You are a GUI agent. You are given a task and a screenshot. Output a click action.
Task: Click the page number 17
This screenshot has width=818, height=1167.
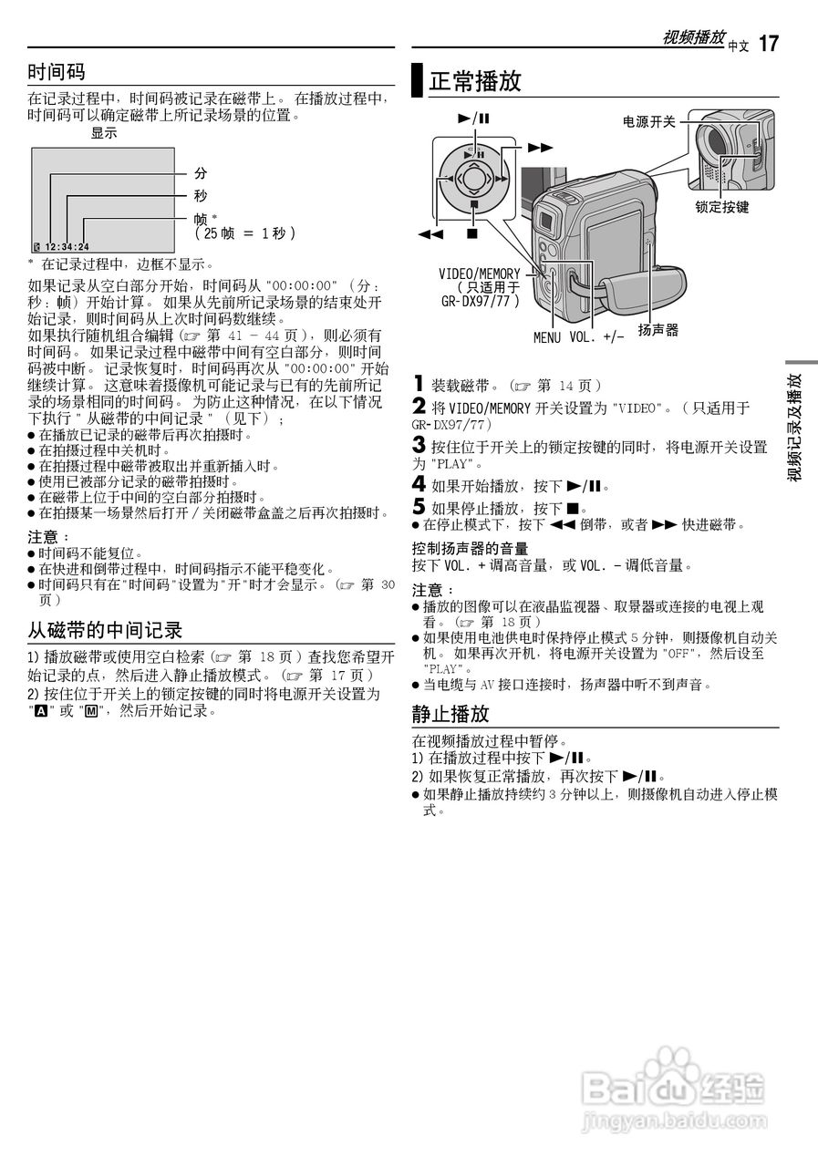(769, 43)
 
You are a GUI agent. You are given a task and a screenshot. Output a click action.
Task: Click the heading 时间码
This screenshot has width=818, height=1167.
(57, 71)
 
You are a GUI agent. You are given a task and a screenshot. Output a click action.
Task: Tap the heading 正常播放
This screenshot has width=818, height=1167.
(475, 81)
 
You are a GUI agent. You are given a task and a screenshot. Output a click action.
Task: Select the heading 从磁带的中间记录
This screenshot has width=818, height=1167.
(105, 629)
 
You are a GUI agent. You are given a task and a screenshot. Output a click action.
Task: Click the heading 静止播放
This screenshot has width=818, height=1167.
(450, 713)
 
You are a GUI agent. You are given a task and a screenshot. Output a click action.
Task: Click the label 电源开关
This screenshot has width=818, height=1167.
(648, 121)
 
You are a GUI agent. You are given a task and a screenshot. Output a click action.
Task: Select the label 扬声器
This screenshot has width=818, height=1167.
(658, 330)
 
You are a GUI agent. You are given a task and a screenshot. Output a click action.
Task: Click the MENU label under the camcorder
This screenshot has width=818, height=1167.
(548, 338)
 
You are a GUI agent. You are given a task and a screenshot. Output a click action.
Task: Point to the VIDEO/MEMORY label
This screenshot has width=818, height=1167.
(480, 274)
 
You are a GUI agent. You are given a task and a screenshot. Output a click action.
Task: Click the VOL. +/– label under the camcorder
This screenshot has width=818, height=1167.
(597, 338)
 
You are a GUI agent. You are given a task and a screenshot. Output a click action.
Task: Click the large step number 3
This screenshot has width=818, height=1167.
(419, 446)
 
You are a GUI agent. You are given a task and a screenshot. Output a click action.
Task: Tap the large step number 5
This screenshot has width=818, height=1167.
(419, 507)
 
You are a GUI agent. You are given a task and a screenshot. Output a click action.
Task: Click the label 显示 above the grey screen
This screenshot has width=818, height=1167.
(104, 133)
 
